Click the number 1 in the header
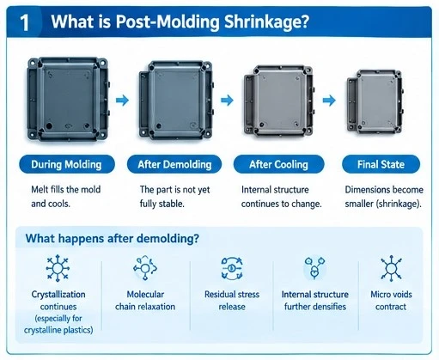[x=25, y=23]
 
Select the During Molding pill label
[x=67, y=164]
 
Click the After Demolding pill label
[x=174, y=164]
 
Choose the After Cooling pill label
[x=278, y=164]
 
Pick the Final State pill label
[x=381, y=164]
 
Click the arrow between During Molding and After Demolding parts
[x=123, y=101]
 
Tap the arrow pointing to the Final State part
[x=329, y=101]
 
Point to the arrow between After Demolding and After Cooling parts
[x=227, y=101]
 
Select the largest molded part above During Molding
[x=69, y=99]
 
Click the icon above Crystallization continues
[x=58, y=268]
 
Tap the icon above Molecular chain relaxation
[x=145, y=268]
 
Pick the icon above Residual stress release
[x=232, y=268]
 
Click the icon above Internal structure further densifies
[x=314, y=268]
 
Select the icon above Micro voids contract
[x=391, y=268]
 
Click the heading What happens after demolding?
[x=113, y=238]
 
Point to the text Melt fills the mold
[x=66, y=190]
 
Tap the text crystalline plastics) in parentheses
[x=58, y=330]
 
